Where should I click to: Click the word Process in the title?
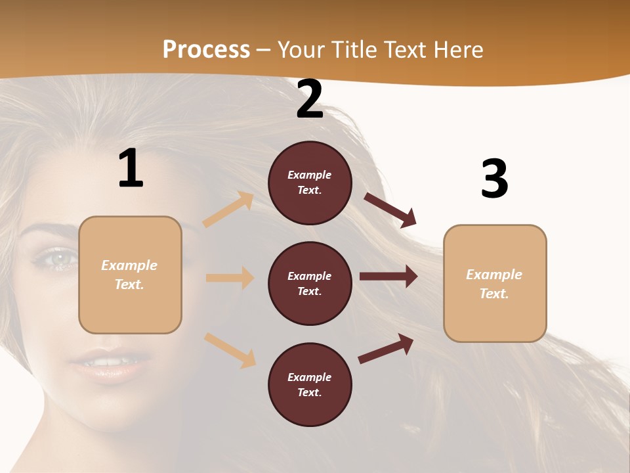point(206,49)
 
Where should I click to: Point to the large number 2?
point(310,100)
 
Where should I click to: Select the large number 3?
point(494,179)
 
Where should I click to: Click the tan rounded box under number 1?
point(130,275)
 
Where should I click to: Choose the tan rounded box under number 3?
point(494,283)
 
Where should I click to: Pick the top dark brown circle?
point(310,183)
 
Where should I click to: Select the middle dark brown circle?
point(310,283)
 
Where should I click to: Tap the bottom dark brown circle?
point(310,384)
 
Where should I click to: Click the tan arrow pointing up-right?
point(228,210)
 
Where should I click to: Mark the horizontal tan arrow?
point(230,278)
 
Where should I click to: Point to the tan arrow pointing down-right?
point(230,349)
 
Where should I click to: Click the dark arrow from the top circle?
point(390,209)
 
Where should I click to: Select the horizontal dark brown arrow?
point(388,277)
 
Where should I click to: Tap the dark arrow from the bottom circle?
point(386,348)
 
